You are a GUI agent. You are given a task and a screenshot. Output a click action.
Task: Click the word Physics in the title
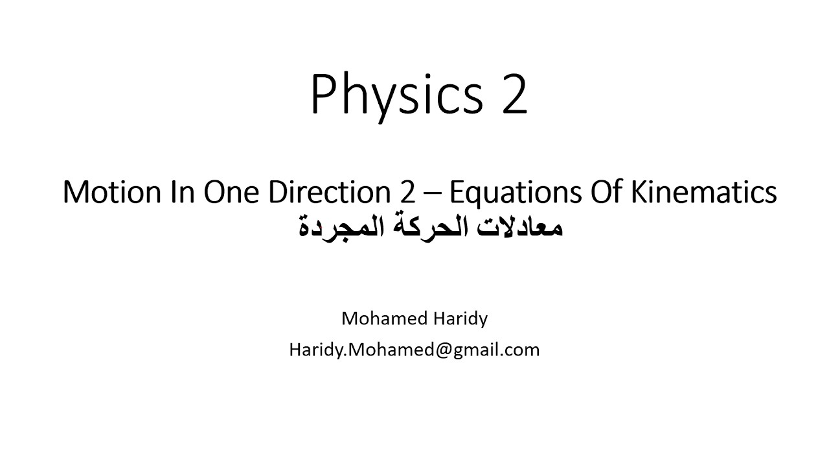396,95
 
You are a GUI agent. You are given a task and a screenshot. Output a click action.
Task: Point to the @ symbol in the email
435,350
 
